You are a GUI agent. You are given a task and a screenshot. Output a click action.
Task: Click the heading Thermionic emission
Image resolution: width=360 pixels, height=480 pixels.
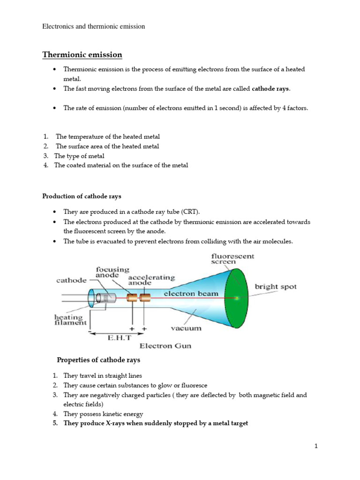pyautogui.click(x=82, y=55)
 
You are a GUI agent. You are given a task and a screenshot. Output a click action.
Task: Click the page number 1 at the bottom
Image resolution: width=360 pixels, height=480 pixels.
pyautogui.click(x=316, y=446)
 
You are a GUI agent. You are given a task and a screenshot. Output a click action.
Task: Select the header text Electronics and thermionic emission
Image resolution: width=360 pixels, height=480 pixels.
pyautogui.click(x=94, y=26)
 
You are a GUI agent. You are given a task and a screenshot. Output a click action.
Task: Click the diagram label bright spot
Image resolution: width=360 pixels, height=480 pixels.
pyautogui.click(x=276, y=286)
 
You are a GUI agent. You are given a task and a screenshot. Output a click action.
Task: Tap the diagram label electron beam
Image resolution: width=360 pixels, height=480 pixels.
pyautogui.click(x=191, y=293)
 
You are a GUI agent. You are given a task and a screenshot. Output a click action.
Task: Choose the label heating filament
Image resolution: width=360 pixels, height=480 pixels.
pyautogui.click(x=70, y=319)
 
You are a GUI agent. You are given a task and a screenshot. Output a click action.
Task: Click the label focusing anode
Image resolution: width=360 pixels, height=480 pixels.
pyautogui.click(x=112, y=272)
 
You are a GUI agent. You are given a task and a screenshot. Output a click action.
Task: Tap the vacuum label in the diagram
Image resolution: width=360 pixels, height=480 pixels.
pyautogui.click(x=186, y=328)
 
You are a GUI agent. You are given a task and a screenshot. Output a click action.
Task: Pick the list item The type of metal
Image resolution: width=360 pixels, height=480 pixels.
pyautogui.click(x=79, y=156)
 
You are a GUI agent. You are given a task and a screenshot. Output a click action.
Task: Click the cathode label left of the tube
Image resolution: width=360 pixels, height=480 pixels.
pyautogui.click(x=71, y=280)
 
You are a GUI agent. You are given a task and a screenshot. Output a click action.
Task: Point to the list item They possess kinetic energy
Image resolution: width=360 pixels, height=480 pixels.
pyautogui.click(x=103, y=414)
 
